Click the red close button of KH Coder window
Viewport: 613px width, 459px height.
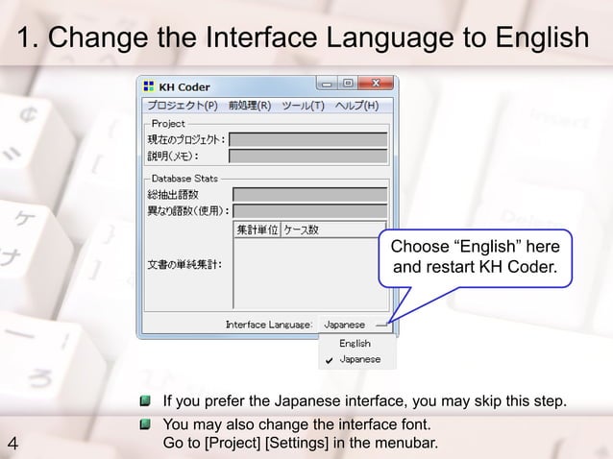(375, 85)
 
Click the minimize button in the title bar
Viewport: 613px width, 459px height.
(328, 85)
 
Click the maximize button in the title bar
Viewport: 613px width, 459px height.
(347, 85)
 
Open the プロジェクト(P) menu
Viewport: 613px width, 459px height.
(182, 105)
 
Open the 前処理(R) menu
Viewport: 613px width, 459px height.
(243, 105)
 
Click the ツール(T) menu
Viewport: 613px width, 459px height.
(302, 105)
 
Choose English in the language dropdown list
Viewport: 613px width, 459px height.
(355, 343)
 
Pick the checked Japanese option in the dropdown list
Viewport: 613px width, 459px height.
(359, 359)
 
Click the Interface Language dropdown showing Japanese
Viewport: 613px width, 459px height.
(353, 325)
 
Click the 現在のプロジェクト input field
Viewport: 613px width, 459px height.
(308, 139)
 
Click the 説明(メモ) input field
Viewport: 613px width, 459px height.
(308, 156)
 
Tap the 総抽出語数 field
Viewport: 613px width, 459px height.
(309, 195)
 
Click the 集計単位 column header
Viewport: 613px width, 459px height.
(257, 230)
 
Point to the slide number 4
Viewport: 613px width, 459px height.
(12, 443)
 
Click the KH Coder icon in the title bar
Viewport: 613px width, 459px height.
(150, 86)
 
